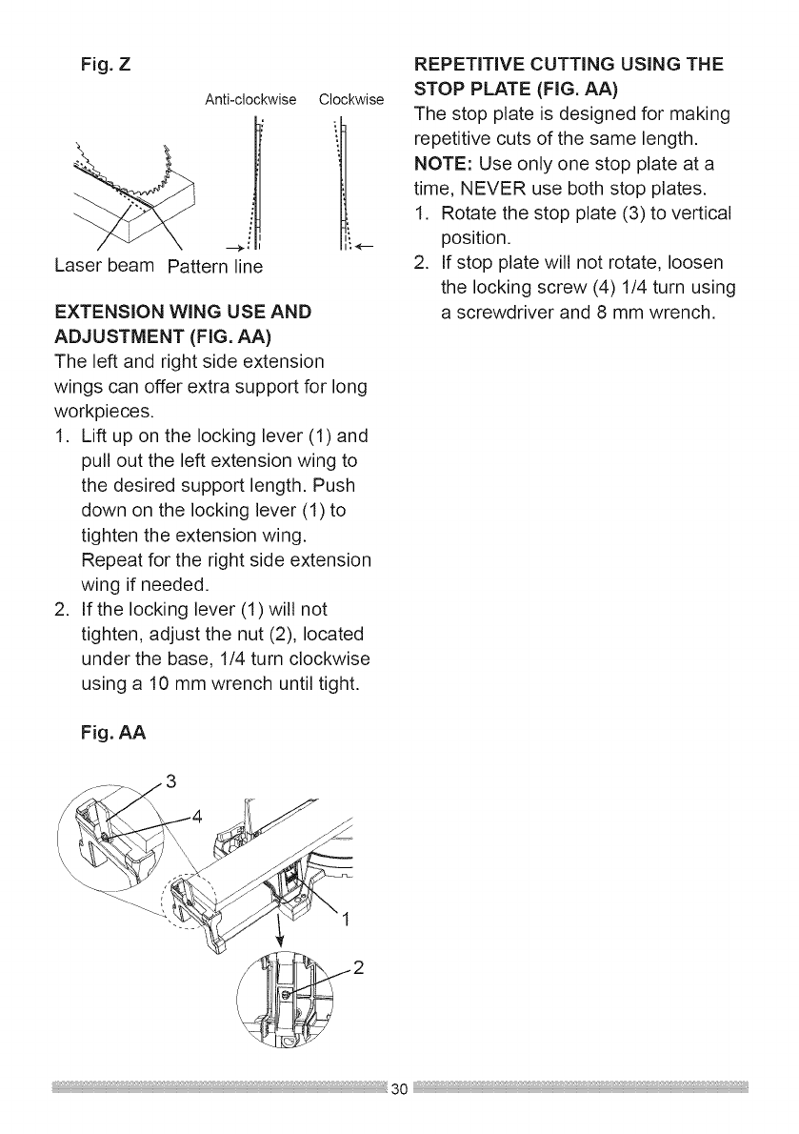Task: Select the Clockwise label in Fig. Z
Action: (x=351, y=99)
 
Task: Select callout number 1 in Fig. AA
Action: (x=347, y=920)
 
